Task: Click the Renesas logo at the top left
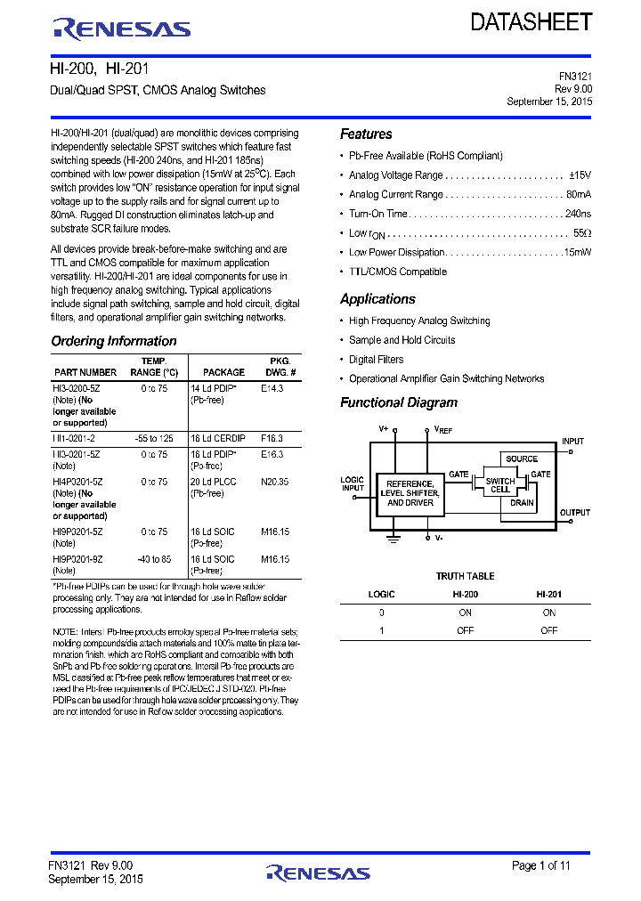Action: [x=122, y=28]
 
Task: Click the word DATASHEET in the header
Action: [x=531, y=22]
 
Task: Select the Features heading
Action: [x=366, y=134]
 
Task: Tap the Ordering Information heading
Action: [x=114, y=341]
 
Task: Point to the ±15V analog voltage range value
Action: [x=580, y=175]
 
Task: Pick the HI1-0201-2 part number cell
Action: [x=74, y=439]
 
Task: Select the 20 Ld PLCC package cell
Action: [x=214, y=482]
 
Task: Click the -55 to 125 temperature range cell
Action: [x=154, y=439]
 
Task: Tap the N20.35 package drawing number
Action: [x=275, y=482]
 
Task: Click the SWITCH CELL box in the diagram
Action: [x=500, y=486]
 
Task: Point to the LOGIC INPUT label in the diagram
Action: [x=353, y=484]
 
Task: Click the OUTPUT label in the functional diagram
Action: [x=574, y=513]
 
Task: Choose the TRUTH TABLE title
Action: [x=465, y=576]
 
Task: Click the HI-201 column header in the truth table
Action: [x=548, y=594]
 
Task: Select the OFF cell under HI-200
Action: [x=465, y=630]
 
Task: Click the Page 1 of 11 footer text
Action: [x=540, y=865]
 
